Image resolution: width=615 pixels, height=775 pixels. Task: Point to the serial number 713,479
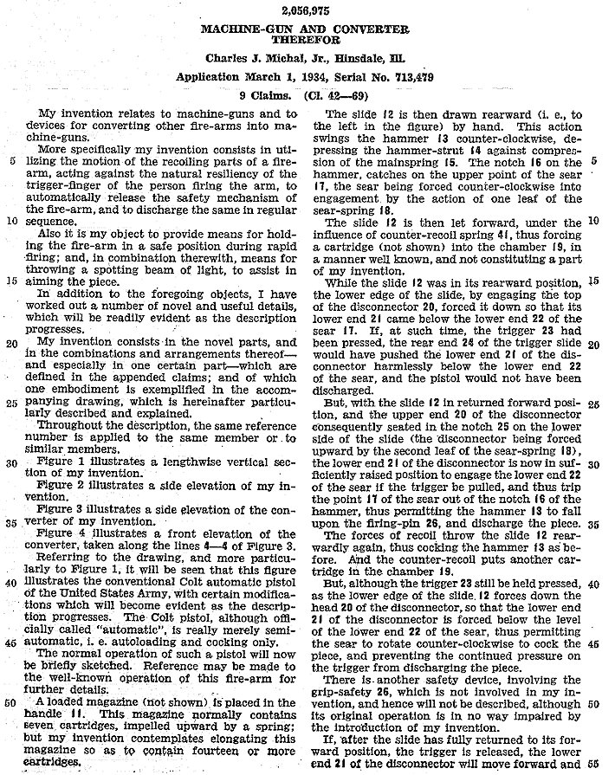[x=408, y=78]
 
